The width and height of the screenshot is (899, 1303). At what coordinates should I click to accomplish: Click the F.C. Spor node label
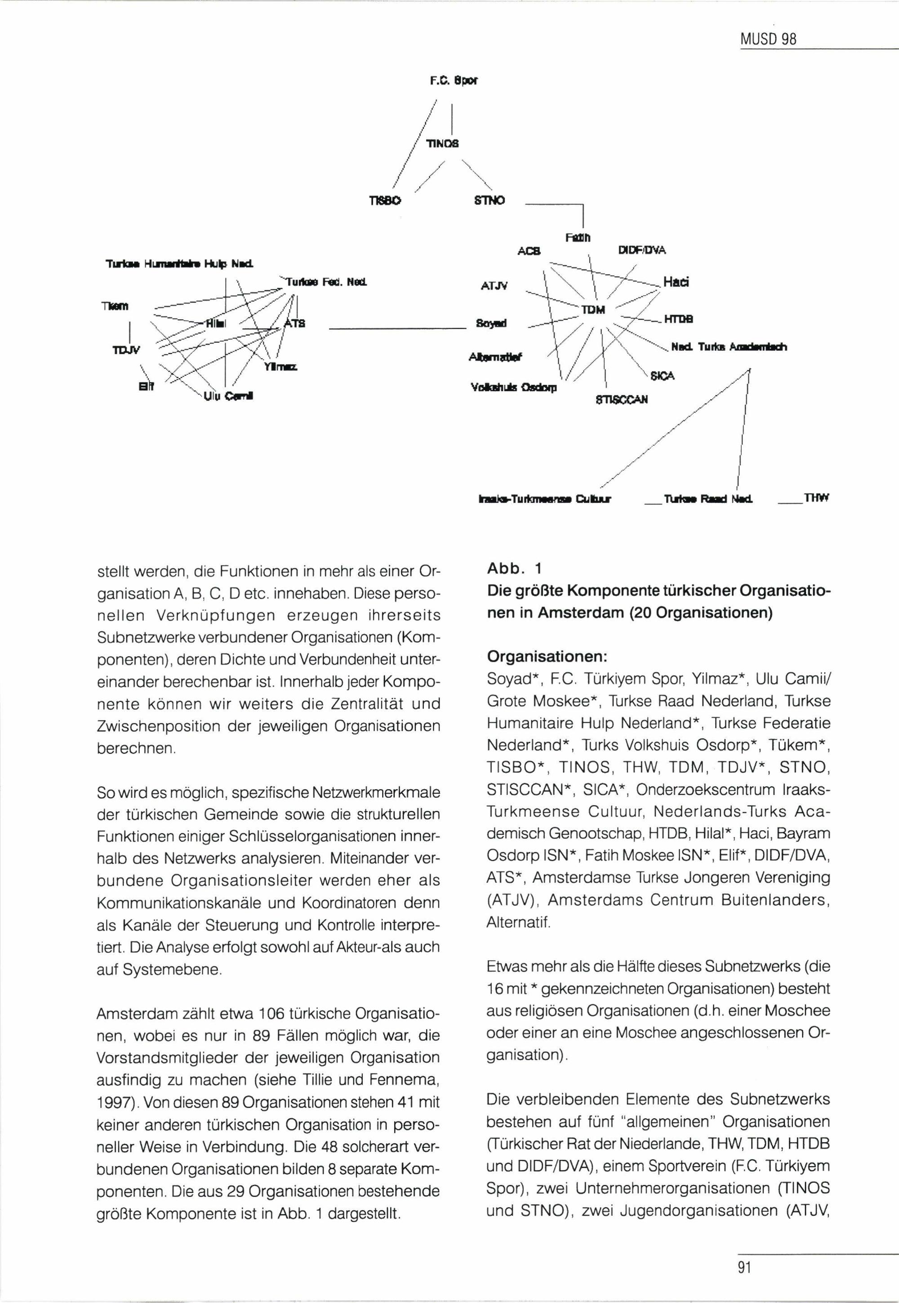click(454, 81)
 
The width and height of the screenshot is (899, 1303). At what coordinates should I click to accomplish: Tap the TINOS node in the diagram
click(442, 143)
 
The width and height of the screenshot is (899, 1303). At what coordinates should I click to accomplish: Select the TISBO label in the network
click(384, 200)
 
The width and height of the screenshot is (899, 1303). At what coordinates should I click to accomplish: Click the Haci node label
click(676, 282)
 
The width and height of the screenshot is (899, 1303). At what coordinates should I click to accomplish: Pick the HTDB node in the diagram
click(678, 319)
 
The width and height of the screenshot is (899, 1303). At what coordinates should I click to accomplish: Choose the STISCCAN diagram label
click(622, 399)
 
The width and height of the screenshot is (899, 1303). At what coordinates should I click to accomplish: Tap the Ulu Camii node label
click(228, 396)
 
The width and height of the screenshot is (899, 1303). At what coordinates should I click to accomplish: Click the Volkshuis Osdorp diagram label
click(513, 387)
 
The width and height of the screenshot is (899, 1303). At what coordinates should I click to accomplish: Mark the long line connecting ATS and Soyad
click(394, 328)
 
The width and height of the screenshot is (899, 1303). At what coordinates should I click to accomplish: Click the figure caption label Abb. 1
click(514, 568)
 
